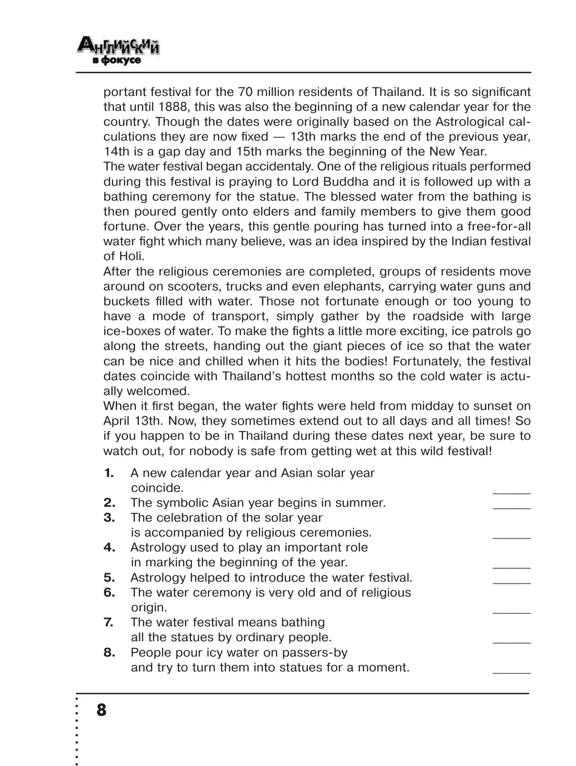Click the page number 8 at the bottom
tap(101, 709)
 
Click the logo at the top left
tap(119, 52)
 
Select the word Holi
tap(130, 256)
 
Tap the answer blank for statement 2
tap(512, 504)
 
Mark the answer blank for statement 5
tap(512, 579)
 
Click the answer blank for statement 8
tap(512, 669)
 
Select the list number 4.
tap(109, 548)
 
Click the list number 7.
tap(109, 622)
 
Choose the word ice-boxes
tap(131, 331)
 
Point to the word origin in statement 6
tap(149, 608)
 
